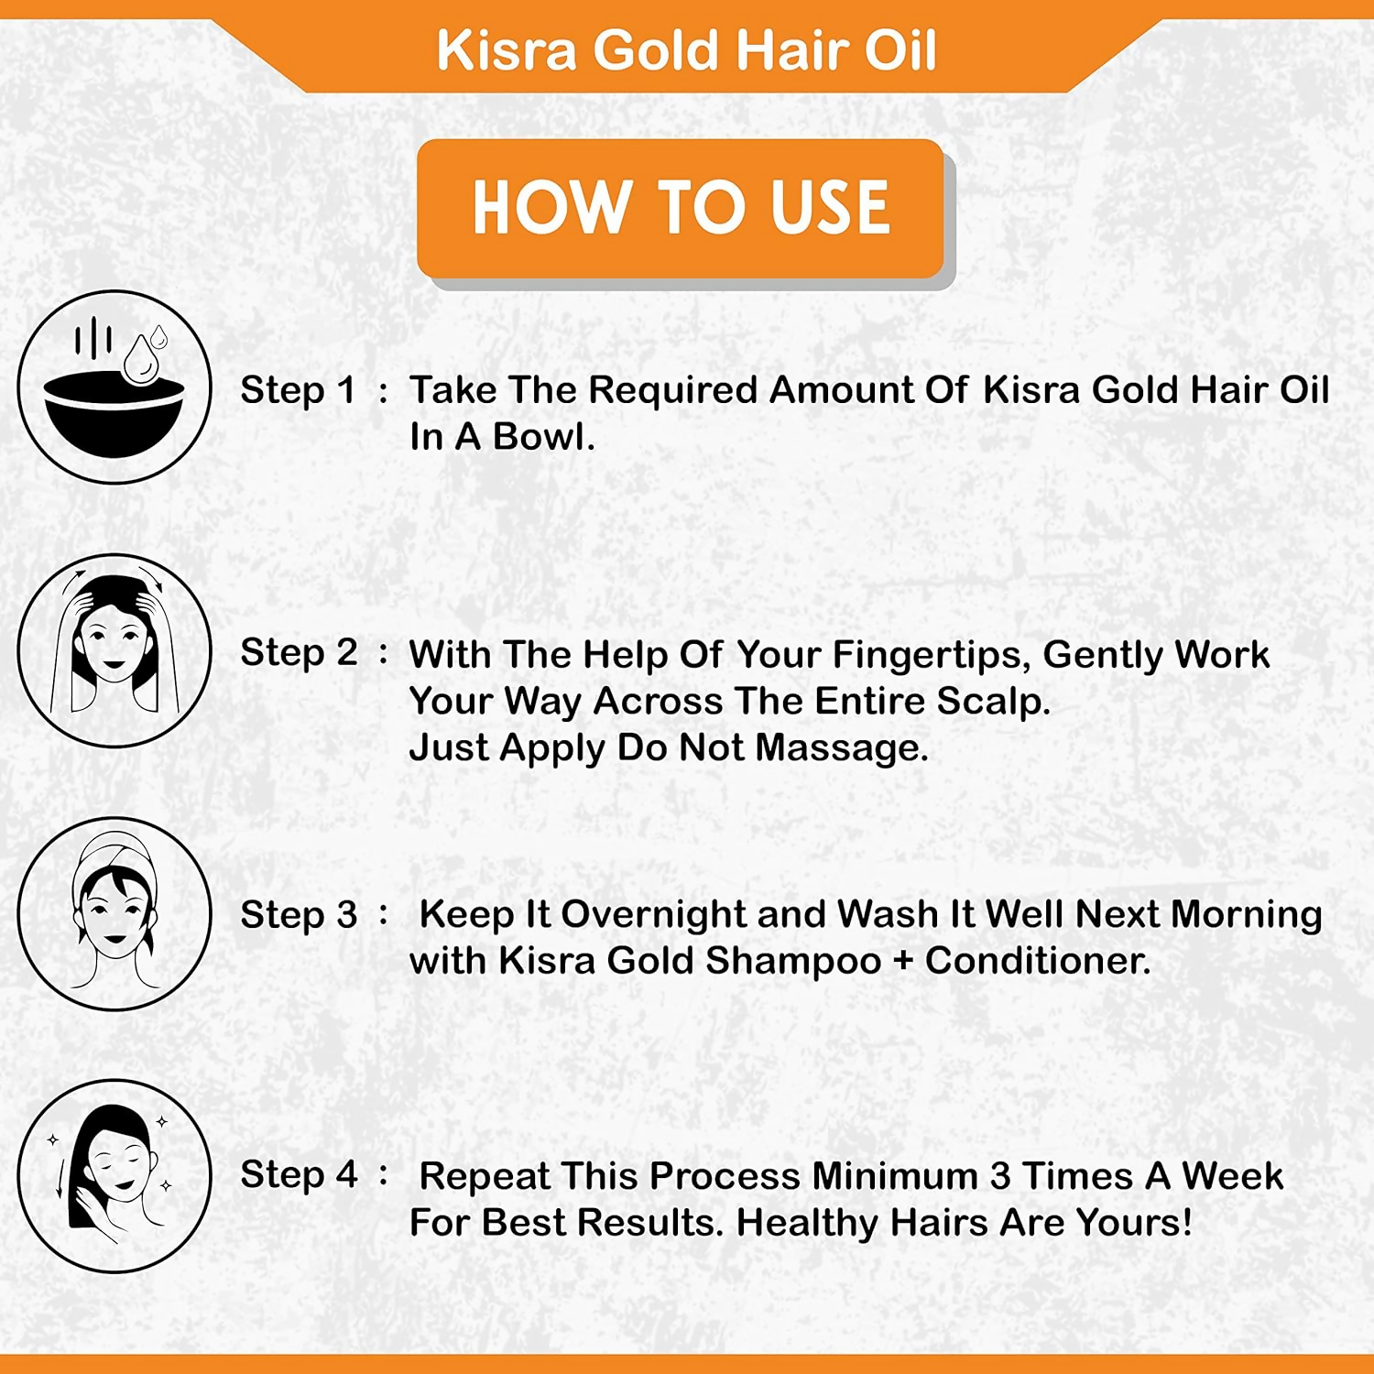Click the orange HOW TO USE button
coord(681,208)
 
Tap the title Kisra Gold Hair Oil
coord(686,50)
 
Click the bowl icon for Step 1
coord(114,387)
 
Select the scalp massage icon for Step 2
coord(114,650)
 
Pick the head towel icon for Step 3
coord(114,913)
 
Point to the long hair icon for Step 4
coord(114,1176)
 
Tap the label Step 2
coord(299,654)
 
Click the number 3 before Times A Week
coord(1000,1177)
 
